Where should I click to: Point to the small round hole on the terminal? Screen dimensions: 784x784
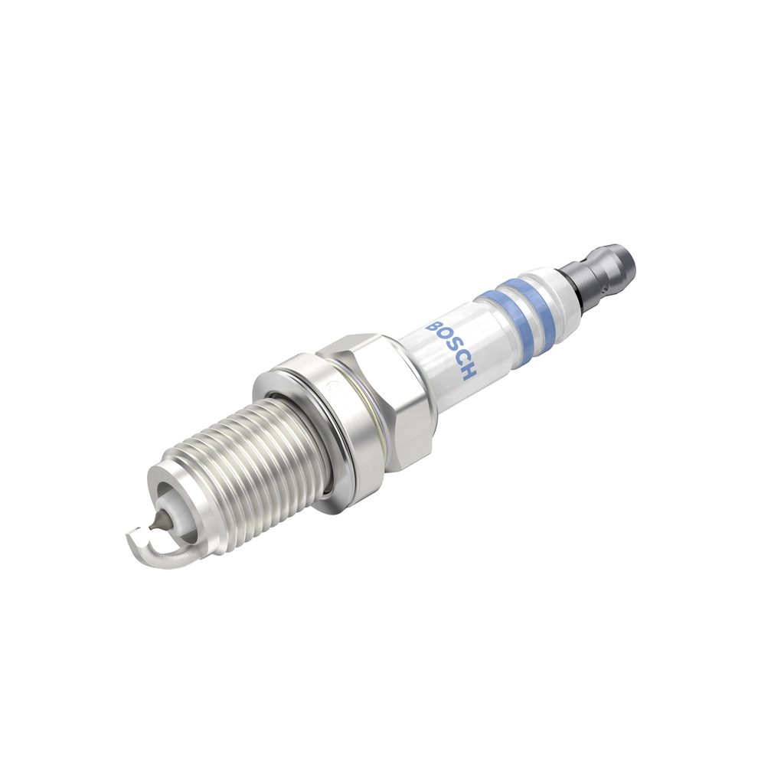click(x=604, y=289)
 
